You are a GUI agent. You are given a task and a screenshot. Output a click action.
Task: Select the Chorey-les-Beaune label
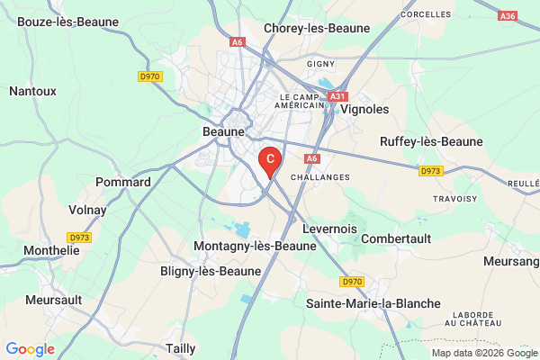click(x=317, y=28)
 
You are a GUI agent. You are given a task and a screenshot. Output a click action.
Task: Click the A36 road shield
click(x=508, y=15)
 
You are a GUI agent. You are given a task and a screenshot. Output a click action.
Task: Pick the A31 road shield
click(x=337, y=95)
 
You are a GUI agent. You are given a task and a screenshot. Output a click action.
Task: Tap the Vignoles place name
click(x=365, y=108)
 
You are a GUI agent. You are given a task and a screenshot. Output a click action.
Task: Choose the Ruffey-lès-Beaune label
click(x=431, y=141)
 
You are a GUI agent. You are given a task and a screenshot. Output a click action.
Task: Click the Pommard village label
click(x=123, y=182)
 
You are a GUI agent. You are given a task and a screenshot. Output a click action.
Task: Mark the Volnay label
click(x=87, y=210)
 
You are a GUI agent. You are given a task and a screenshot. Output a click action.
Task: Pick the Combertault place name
click(x=396, y=238)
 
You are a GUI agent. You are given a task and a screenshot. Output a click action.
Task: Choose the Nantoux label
click(x=32, y=90)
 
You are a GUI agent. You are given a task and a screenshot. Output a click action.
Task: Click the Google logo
click(x=30, y=349)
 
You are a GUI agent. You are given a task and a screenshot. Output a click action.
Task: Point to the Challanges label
click(x=321, y=177)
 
